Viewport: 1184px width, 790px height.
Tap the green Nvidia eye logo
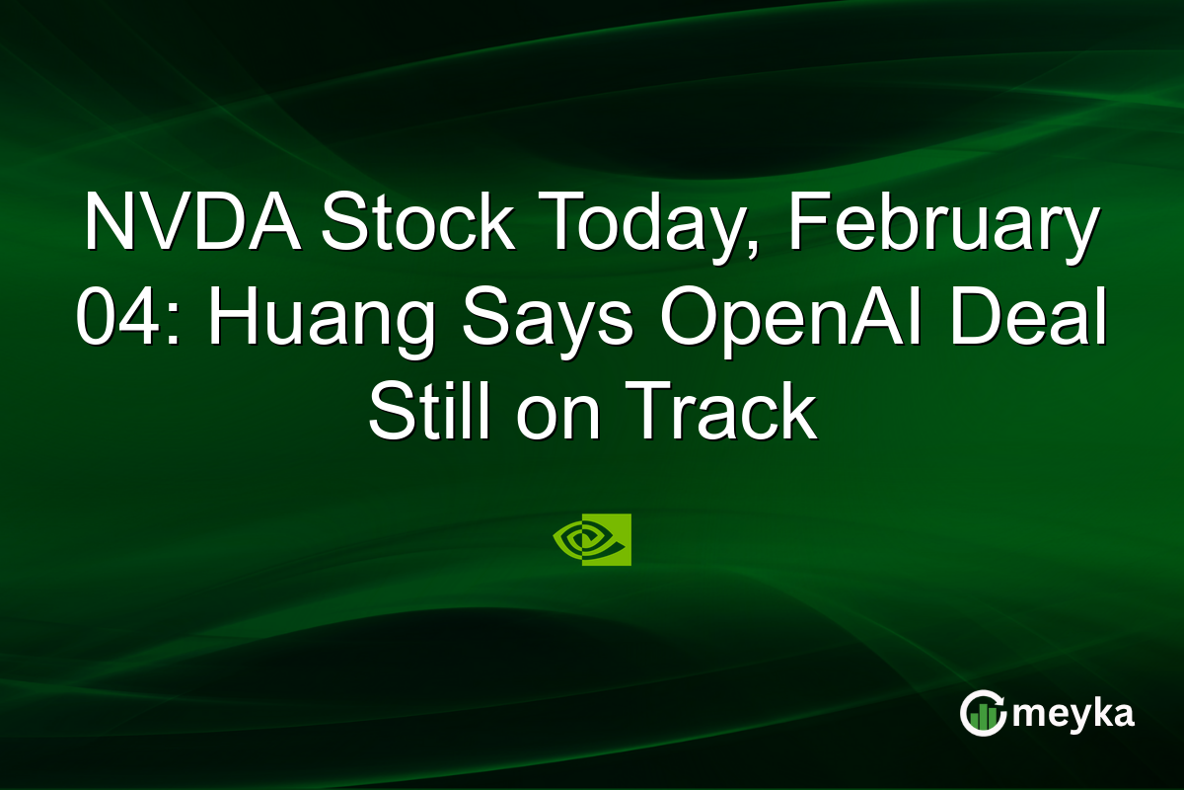click(x=592, y=539)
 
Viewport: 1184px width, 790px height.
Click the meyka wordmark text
click(x=1073, y=714)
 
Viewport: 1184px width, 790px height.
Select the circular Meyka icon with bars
click(x=983, y=714)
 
